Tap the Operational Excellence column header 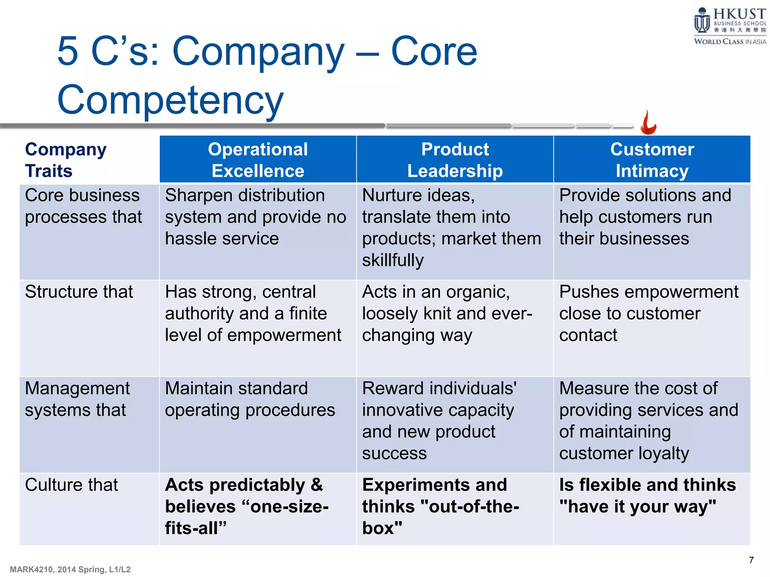coord(258,160)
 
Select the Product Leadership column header coord(455,160)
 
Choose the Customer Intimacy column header coord(652,160)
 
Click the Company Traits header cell coord(66,160)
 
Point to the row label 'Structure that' coord(79,292)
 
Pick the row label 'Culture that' coord(71,485)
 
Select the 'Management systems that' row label coord(77,399)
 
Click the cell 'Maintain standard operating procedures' coord(250,399)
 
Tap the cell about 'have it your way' coord(647,495)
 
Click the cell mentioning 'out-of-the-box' coord(440,506)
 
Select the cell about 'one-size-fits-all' coord(247,506)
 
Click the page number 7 coord(751,560)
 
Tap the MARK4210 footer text coord(70,569)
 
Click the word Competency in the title coord(170,100)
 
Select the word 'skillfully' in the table coord(393,260)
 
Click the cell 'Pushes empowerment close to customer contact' coord(648,313)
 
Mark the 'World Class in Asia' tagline coord(729,41)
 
